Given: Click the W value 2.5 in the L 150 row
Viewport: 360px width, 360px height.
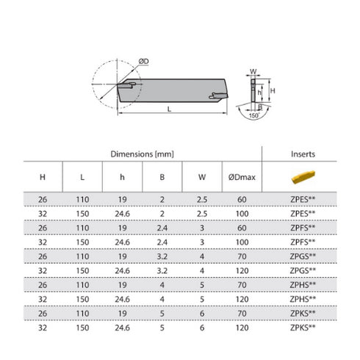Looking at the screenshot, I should pos(202,212).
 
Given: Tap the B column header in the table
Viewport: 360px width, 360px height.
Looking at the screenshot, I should pos(164,178).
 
